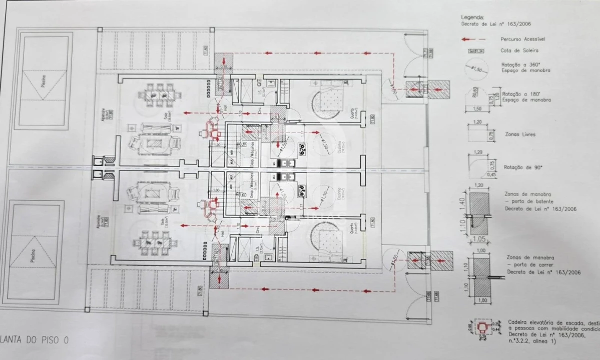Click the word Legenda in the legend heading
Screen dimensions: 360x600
472,17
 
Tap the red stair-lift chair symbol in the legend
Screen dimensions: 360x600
482,327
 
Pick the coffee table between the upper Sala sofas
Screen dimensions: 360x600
154,143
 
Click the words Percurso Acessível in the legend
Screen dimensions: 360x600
522,38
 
